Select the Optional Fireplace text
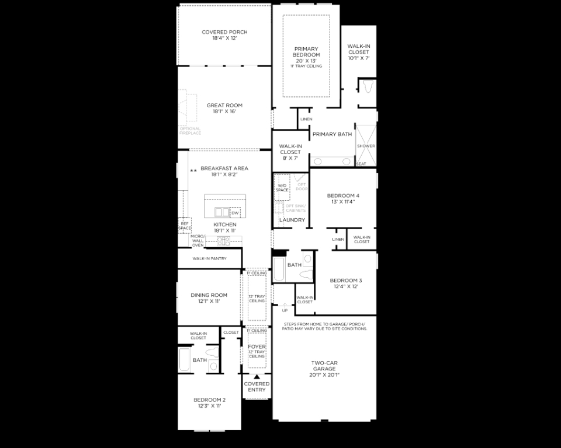pos(190,131)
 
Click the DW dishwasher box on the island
pos(235,213)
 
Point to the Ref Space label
pos(184,225)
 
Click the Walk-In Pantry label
pos(209,258)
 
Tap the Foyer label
pos(257,347)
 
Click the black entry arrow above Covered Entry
pos(257,377)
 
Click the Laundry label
pos(292,220)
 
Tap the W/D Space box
pos(282,188)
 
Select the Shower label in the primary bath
pos(366,146)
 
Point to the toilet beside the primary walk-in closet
pos(368,88)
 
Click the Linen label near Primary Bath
pos(306,120)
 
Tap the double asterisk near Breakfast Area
pos(193,171)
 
